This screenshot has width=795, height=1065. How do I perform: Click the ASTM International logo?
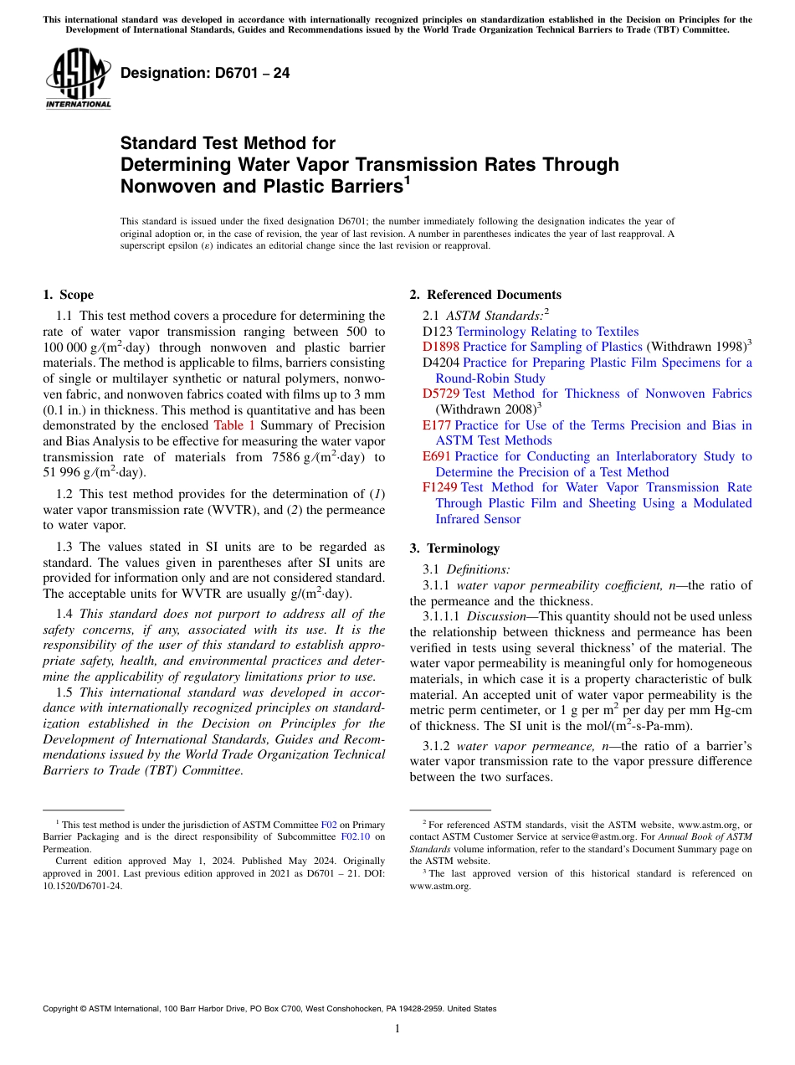pyautogui.click(x=78, y=78)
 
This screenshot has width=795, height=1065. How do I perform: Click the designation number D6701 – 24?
pyautogui.click(x=205, y=73)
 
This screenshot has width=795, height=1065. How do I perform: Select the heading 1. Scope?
pyautogui.click(x=68, y=295)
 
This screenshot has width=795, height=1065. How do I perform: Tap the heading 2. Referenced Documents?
pyautogui.click(x=485, y=295)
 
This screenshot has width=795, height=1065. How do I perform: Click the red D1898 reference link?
pyautogui.click(x=441, y=347)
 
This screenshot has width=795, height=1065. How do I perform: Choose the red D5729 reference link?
pyautogui.click(x=441, y=394)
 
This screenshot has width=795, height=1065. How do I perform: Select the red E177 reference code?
pyautogui.click(x=437, y=425)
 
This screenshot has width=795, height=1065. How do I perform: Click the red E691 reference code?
pyautogui.click(x=437, y=456)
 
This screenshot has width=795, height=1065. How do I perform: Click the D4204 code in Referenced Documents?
pyautogui.click(x=441, y=363)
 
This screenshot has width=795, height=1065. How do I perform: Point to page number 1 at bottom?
pyautogui.click(x=397, y=1028)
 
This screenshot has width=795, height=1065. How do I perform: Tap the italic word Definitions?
pyautogui.click(x=478, y=569)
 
